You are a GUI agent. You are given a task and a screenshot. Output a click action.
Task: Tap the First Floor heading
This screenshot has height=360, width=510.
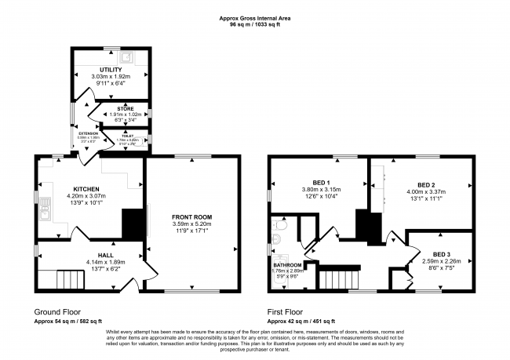click(x=290, y=311)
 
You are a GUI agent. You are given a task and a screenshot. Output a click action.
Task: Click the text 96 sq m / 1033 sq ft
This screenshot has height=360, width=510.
click(x=255, y=25)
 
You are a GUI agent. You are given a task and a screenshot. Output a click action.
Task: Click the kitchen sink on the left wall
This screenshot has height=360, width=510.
click(x=46, y=209)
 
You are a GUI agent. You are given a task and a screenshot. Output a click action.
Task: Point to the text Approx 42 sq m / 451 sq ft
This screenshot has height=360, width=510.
click(x=302, y=322)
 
